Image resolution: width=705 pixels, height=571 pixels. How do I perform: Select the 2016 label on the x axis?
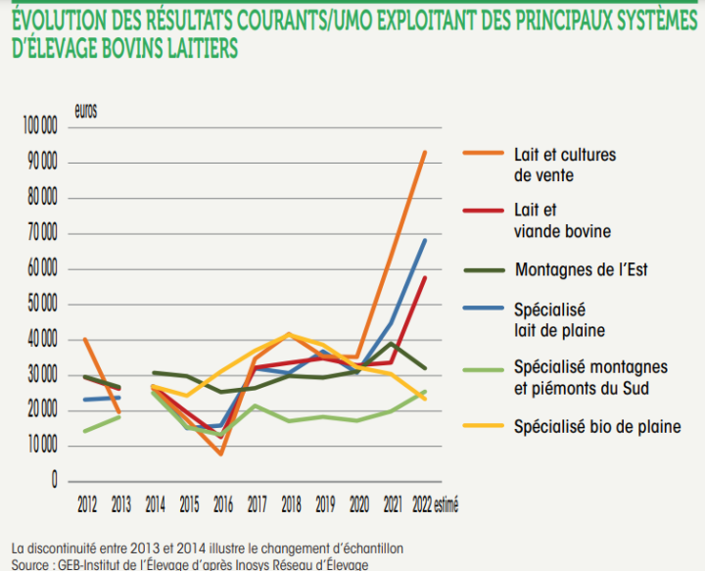(x=223, y=506)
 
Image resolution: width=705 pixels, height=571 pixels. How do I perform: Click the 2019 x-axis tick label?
(x=324, y=506)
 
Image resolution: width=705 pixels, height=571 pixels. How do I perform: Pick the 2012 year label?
(x=88, y=506)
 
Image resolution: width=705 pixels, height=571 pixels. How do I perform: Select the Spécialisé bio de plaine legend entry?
(x=596, y=426)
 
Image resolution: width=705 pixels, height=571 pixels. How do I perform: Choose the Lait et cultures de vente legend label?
(x=564, y=166)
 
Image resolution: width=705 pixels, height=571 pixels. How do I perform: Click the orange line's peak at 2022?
(x=424, y=152)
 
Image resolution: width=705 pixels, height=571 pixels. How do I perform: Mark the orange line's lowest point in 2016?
(x=222, y=453)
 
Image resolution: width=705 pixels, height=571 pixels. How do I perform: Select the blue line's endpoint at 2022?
(x=424, y=240)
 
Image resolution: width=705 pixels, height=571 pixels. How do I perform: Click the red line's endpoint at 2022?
(x=424, y=278)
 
